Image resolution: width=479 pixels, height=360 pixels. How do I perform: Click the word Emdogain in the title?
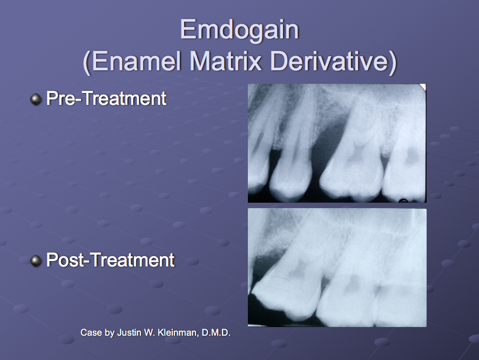click(239, 30)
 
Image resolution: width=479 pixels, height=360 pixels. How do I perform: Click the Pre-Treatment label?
click(106, 98)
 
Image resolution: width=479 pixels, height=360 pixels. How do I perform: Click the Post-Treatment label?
click(110, 260)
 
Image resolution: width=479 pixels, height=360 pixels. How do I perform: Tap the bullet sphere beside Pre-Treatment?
click(36, 99)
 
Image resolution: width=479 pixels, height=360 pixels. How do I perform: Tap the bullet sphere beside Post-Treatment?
click(36, 261)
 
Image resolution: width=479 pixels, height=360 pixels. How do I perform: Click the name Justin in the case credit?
click(127, 333)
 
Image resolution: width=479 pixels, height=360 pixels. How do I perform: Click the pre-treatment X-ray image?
click(336, 143)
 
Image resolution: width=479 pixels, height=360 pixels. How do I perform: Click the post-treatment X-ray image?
click(336, 268)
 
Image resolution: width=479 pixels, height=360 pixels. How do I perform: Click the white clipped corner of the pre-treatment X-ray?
click(423, 86)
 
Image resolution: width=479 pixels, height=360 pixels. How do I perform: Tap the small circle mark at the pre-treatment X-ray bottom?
click(403, 201)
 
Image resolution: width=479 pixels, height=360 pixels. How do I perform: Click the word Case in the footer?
click(90, 333)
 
